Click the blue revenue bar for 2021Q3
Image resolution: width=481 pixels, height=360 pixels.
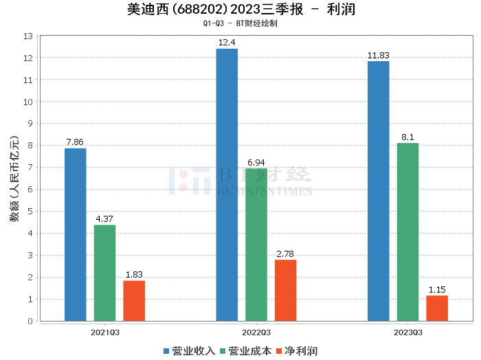click(75, 234)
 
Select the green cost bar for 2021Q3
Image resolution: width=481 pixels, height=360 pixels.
click(104, 273)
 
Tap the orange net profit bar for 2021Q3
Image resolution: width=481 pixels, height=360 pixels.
click(134, 301)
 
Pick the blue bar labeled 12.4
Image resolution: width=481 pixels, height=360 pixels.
click(227, 185)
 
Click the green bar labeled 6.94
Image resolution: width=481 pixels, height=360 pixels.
click(256, 245)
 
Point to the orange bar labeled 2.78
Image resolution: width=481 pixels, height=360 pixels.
click(286, 290)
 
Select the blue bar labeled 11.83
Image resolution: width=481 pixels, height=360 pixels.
click(378, 191)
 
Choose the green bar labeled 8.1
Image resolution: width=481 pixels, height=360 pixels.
click(407, 232)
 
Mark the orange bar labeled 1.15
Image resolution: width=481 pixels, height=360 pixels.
click(437, 308)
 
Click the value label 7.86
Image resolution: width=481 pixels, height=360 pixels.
click(75, 142)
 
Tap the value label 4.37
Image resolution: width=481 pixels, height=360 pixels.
click(104, 219)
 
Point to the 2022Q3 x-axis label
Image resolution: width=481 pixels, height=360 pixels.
click(256, 332)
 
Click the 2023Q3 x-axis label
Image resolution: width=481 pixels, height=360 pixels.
click(407, 332)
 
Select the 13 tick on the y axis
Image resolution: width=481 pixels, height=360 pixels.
click(28, 36)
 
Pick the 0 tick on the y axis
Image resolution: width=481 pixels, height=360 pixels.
click(30, 321)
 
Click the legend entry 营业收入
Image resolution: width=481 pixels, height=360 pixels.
click(189, 351)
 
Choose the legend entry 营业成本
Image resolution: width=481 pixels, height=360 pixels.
click(245, 351)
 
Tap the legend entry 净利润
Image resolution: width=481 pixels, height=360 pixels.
click(296, 351)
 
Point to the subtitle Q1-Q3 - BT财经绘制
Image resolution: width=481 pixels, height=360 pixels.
click(240, 23)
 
